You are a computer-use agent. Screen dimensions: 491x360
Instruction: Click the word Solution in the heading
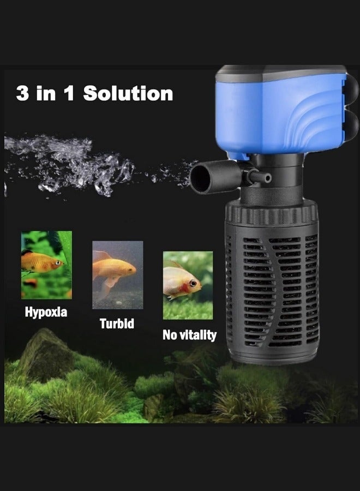click(128, 93)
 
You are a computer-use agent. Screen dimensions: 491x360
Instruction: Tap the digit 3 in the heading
click(22, 93)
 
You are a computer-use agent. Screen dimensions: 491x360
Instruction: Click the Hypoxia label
click(46, 313)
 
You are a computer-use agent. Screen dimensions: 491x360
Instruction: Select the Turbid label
click(117, 323)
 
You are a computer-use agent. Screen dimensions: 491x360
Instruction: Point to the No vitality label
click(189, 334)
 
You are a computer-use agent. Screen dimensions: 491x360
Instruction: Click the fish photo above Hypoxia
click(46, 264)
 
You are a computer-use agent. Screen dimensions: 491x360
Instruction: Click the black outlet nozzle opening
click(199, 178)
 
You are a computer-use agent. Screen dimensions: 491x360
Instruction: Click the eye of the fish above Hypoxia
click(58, 263)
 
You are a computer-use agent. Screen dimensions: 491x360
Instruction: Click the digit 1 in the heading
click(69, 93)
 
